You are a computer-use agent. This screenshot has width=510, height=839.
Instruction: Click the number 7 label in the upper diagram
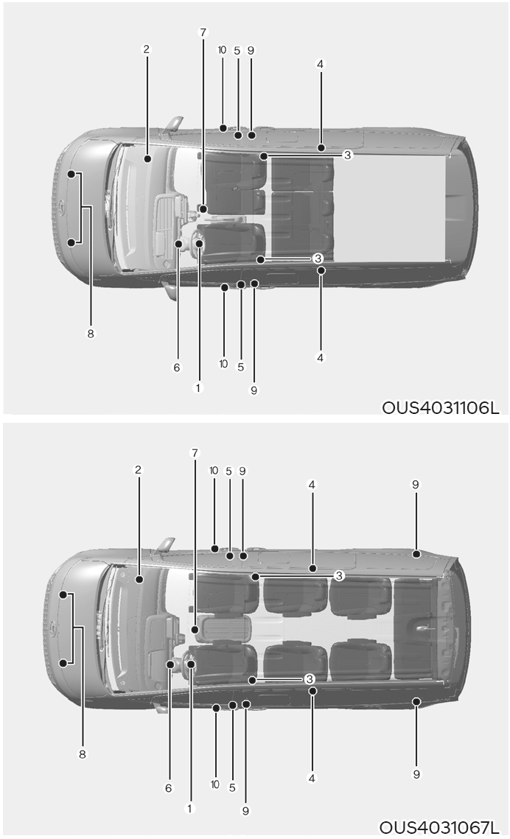tap(203, 32)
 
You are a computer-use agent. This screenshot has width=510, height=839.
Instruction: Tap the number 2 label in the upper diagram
tap(146, 49)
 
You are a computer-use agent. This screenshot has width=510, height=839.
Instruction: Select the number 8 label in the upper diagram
tap(91, 334)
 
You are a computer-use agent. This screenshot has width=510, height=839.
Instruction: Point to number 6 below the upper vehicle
tap(177, 368)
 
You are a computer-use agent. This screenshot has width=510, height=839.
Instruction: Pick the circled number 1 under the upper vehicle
tap(198, 387)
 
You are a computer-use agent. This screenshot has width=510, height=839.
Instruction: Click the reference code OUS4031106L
tap(441, 408)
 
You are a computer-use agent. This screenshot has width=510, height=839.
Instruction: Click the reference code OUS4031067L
tap(439, 828)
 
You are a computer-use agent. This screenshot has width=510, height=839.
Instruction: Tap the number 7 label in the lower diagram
tap(195, 453)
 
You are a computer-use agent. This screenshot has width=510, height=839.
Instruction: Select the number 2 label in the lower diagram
tap(138, 470)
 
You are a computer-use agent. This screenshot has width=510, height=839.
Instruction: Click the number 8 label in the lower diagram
tap(82, 754)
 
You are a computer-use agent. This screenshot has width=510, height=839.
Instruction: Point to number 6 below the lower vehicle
tap(169, 788)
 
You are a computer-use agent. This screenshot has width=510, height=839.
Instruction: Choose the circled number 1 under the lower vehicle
tap(189, 809)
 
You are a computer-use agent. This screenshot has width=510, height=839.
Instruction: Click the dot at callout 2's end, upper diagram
tap(147, 158)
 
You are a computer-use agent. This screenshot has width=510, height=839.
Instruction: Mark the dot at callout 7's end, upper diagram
tap(203, 208)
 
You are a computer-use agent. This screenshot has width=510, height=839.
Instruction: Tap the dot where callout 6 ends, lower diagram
tap(170, 664)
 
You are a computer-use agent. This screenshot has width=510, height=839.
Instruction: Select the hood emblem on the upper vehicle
tap(61, 206)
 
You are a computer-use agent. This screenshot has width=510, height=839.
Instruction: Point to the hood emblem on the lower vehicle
tap(52, 627)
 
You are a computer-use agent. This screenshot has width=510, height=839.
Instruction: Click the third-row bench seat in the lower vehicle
tap(416, 628)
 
